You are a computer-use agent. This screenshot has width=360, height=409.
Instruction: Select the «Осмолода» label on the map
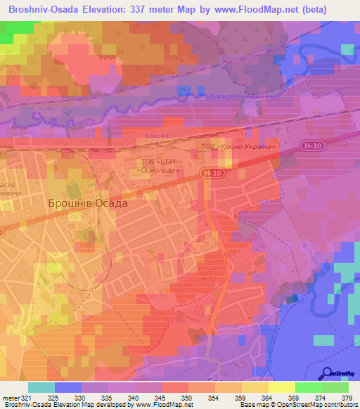coord(159,171)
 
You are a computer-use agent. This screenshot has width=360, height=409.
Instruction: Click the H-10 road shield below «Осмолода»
coord(211,171)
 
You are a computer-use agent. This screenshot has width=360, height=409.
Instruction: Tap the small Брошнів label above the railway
coord(156,134)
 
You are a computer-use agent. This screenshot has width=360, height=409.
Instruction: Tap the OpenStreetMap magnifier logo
coord(326,373)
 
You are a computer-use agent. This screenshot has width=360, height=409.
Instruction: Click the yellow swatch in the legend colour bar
coord(281,387)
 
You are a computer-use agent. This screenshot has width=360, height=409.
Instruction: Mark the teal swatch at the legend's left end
coord(41,387)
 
